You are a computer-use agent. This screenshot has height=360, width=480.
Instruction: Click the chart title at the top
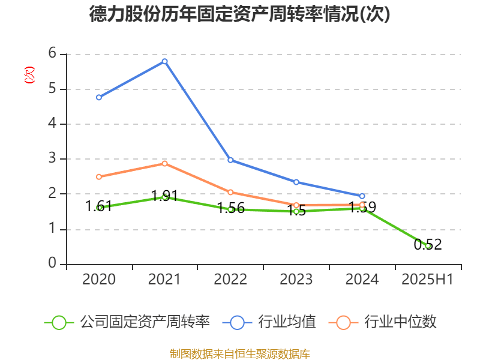point(239,14)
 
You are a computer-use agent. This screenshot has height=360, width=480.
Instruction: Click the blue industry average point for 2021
point(164,61)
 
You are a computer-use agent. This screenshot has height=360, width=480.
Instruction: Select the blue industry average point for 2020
point(99,97)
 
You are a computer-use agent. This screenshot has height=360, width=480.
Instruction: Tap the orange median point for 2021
point(164,163)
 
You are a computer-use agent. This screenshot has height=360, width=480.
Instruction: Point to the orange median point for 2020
point(99,177)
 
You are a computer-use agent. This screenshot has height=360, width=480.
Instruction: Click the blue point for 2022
point(230,160)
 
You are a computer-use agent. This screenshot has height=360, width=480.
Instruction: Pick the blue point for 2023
point(296,182)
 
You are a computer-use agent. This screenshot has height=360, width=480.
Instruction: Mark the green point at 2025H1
point(428,246)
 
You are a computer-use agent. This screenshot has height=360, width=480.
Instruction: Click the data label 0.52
point(428,244)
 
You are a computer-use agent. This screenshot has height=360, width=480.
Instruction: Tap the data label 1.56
point(230,208)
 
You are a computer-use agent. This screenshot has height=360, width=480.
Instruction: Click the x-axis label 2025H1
point(428,280)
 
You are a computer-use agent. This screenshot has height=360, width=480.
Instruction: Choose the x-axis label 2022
point(230,280)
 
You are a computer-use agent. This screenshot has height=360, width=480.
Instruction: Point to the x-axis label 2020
point(99,280)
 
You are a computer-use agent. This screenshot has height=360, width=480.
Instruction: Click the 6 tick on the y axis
point(53,54)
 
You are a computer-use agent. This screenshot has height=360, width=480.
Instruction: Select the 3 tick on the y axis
point(53,159)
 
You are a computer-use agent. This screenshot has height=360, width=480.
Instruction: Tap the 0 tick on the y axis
point(53,264)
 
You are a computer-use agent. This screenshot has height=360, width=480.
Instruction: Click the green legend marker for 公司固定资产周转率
point(59,322)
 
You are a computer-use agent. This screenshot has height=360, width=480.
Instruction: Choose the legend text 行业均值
point(287,322)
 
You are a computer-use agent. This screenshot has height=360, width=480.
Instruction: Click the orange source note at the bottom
point(239,353)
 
